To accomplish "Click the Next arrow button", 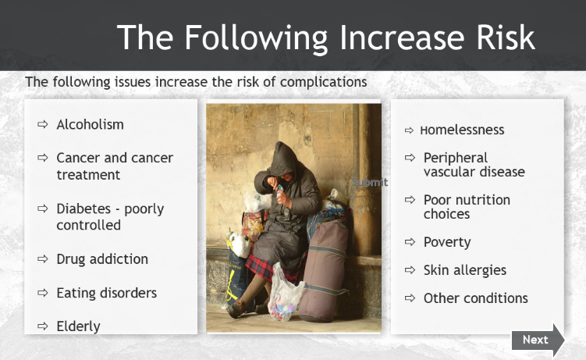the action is click(538, 340).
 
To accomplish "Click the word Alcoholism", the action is click(90, 124).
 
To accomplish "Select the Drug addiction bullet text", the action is click(102, 259).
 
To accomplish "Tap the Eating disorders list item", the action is click(107, 293).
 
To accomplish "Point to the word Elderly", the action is click(78, 326).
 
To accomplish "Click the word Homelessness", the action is click(462, 130).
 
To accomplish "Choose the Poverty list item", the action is click(447, 242).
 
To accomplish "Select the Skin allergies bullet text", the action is click(465, 270).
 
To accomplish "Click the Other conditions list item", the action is click(476, 298).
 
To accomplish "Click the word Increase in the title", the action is click(402, 37).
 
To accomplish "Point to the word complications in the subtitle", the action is click(324, 82).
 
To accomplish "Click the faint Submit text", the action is click(370, 182).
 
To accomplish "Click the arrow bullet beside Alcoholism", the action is click(43, 124).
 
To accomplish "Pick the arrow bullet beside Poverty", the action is click(410, 242).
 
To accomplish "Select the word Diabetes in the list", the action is click(83, 209).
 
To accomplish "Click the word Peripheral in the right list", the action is click(456, 158).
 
